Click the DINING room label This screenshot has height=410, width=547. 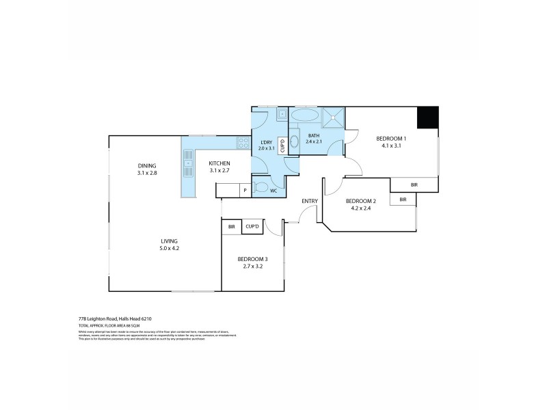tap(146, 165)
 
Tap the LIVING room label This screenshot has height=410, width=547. tap(169, 241)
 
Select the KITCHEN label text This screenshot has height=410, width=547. tap(219, 163)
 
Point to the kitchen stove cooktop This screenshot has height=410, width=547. tap(243, 143)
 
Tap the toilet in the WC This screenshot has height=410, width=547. tap(261, 187)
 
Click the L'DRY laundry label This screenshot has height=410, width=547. tap(266, 142)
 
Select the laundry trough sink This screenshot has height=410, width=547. tap(281, 114)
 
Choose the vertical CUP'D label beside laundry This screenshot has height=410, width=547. tap(282, 145)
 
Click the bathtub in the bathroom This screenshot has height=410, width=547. tap(304, 115)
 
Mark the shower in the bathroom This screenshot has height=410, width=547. tap(333, 117)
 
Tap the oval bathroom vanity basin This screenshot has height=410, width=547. tap(294, 142)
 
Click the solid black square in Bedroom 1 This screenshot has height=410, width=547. tap(427, 116)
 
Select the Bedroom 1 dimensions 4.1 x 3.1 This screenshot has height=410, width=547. tap(388, 146)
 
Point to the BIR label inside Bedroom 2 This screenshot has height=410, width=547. tap(403, 199)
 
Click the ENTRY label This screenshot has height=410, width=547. tap(310, 201)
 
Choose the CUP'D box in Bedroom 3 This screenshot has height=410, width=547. tap(251, 226)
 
